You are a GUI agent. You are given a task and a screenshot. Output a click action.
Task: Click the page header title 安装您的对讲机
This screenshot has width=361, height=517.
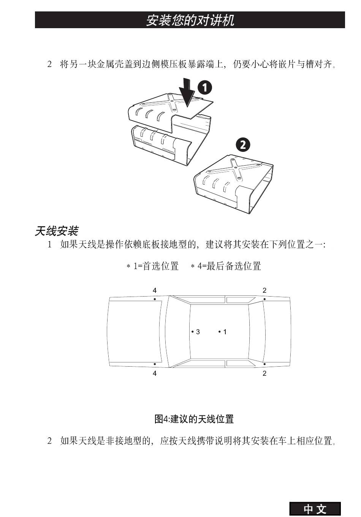[x=190, y=20]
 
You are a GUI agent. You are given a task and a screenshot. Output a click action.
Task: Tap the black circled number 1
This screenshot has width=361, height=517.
[x=204, y=88]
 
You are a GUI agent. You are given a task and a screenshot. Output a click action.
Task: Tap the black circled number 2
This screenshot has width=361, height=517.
[x=243, y=145]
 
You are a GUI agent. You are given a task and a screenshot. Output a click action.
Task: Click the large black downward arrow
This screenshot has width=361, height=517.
[x=187, y=92]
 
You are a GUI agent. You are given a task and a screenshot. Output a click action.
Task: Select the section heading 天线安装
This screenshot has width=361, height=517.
[x=57, y=231]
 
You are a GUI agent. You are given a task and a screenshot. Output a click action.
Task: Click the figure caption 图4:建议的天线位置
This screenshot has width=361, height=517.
[x=194, y=419]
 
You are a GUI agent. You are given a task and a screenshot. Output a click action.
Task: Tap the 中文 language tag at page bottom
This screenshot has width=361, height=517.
[x=315, y=509]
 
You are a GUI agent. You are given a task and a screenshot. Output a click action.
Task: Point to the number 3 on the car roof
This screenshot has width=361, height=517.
[x=198, y=332]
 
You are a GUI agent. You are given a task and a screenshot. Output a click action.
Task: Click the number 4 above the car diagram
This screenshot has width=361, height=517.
[x=155, y=290]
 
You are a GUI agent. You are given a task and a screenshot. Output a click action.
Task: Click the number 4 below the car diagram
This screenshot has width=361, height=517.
[x=155, y=373]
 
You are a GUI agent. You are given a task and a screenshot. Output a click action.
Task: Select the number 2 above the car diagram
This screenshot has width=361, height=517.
[x=264, y=290]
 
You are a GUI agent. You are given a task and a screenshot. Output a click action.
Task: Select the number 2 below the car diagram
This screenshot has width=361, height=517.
[x=264, y=373]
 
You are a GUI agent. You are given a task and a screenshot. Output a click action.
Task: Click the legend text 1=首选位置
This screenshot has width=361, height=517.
[x=155, y=266]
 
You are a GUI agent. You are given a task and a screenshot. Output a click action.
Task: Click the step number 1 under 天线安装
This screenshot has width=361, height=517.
[x=49, y=244]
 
